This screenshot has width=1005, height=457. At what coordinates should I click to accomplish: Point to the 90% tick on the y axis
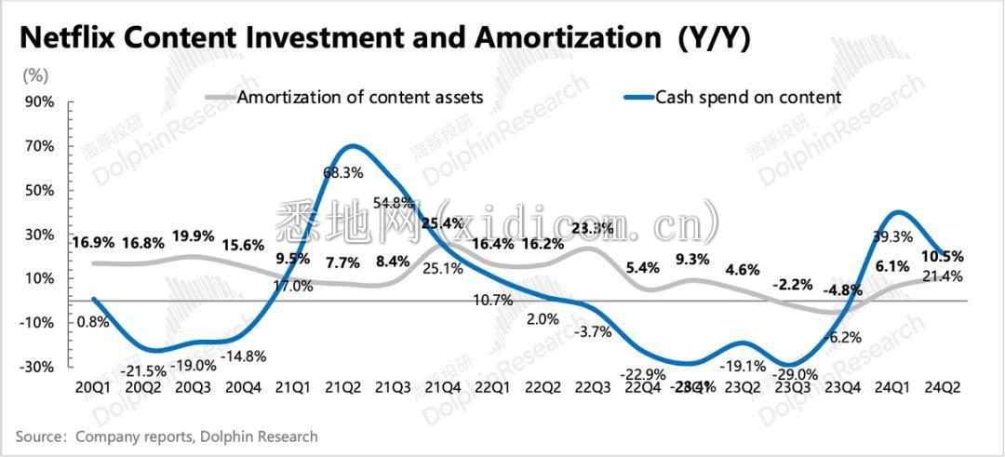[x=39, y=101]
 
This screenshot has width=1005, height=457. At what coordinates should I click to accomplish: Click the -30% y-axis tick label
[x=37, y=367]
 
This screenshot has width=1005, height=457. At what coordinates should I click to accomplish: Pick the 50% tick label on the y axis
[x=39, y=190]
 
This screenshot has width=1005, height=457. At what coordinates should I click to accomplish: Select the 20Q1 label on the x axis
[x=94, y=387]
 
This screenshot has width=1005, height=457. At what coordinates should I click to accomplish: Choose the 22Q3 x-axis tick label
[x=592, y=387]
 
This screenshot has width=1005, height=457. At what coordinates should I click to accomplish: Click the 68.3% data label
[x=342, y=172]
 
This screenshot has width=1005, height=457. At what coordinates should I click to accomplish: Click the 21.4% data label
[x=943, y=276]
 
